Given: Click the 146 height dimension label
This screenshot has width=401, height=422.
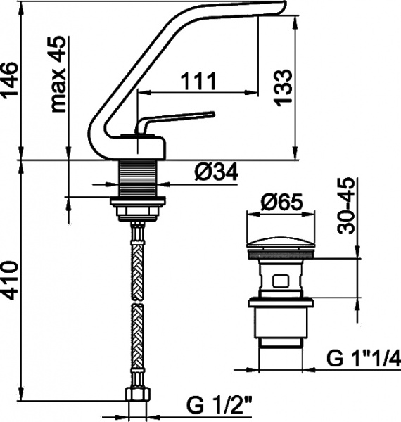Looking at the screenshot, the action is click(x=10, y=80).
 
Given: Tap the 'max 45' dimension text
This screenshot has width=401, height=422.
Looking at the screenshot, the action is click(x=58, y=74).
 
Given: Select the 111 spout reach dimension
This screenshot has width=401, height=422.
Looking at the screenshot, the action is click(x=198, y=81).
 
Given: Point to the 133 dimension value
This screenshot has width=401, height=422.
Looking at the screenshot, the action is click(x=283, y=87).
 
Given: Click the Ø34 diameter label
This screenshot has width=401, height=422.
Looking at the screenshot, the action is click(x=216, y=172).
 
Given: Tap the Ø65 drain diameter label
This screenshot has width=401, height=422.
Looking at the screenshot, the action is click(x=281, y=202).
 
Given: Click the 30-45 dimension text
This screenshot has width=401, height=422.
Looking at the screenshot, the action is click(x=346, y=205).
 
